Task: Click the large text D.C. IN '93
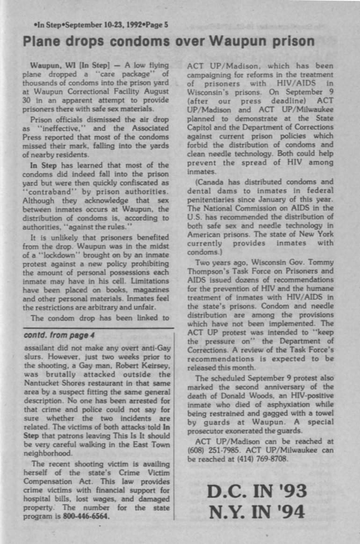click(x=257, y=491)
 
